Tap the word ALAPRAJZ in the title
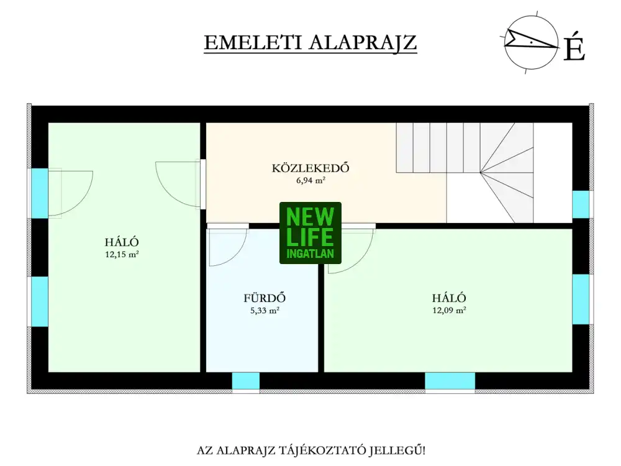pos(363,42)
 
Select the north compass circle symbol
pos(530,43)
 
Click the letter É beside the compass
pos(574,48)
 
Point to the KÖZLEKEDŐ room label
pos(310,168)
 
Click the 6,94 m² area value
pos(310,181)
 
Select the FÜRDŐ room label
pos(265,298)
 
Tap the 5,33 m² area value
pos(265,311)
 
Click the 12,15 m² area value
pos(122,254)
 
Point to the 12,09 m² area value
pos(449,310)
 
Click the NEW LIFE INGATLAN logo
pos(310,233)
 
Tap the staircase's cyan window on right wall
pos(581,204)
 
